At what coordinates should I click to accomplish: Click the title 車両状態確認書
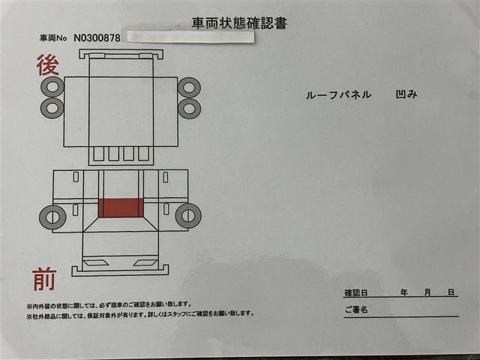(240, 22)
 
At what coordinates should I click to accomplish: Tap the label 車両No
(54, 37)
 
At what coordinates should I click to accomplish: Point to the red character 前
(44, 278)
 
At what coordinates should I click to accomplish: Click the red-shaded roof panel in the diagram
(120, 208)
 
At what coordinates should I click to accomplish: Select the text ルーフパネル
(338, 96)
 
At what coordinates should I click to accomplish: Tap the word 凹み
(405, 96)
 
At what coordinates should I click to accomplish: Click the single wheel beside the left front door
(52, 217)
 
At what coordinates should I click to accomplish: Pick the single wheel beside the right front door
(187, 216)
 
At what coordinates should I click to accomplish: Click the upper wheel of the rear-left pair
(52, 88)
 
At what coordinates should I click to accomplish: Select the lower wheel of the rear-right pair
(189, 109)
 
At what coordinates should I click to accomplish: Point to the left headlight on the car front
(94, 262)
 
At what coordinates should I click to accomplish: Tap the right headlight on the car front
(145, 262)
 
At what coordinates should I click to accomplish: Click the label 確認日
(356, 292)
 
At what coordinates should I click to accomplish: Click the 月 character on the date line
(426, 292)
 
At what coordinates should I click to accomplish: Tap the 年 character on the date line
(403, 292)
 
